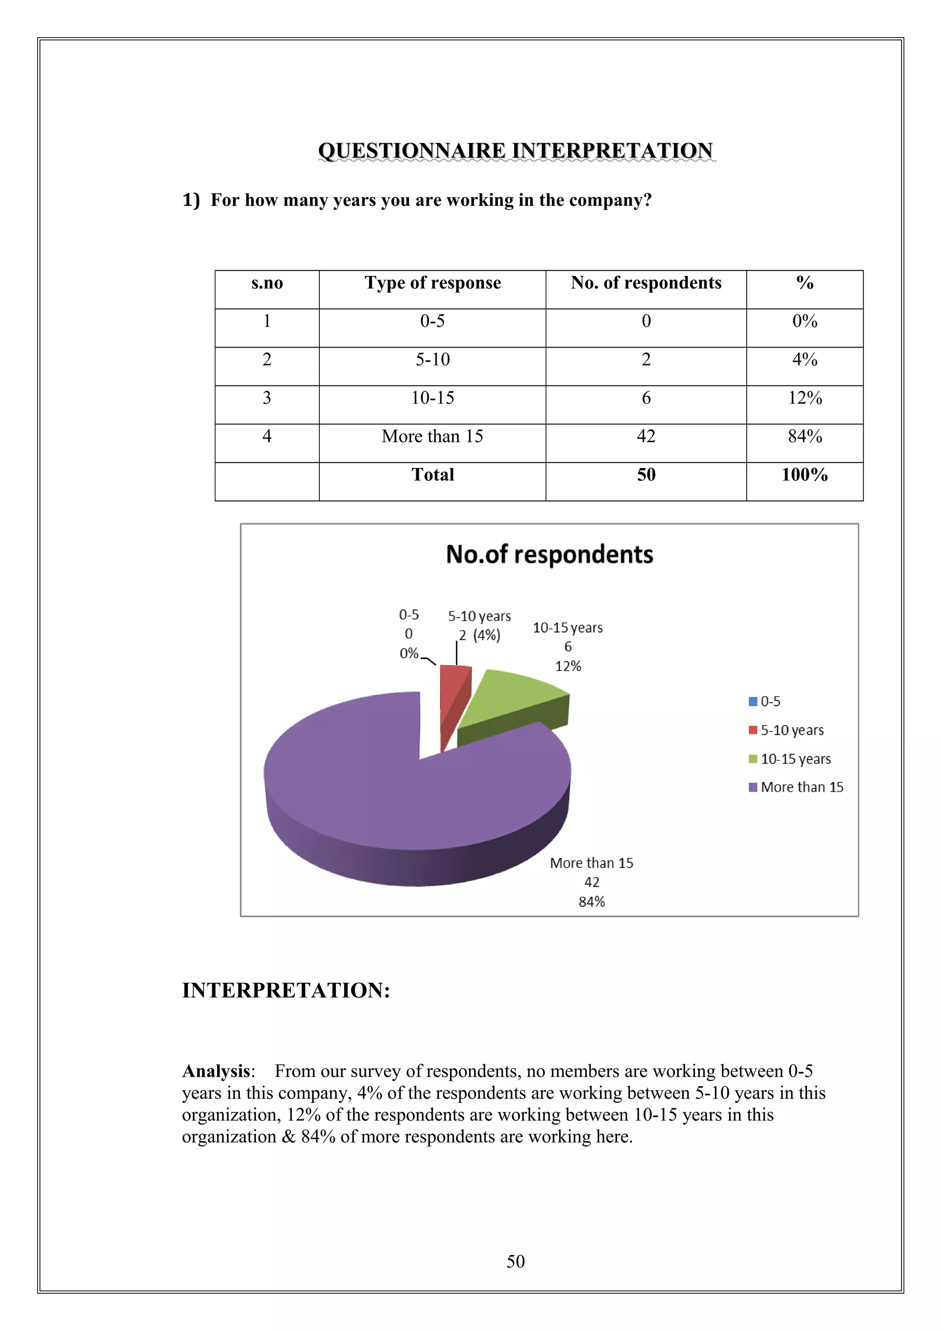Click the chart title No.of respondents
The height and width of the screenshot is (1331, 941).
(549, 555)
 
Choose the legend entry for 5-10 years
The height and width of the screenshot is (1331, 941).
(791, 730)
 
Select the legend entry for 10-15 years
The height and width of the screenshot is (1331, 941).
(795, 759)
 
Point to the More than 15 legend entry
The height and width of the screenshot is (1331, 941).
(801, 787)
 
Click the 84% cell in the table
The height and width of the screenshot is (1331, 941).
(804, 436)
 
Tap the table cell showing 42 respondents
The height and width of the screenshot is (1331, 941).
(646, 436)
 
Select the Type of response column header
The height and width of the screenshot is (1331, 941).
(432, 283)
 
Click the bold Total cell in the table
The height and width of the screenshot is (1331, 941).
(432, 475)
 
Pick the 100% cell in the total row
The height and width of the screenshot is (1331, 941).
(804, 475)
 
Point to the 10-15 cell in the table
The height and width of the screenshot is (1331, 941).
(432, 398)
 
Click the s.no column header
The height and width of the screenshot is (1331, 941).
(266, 283)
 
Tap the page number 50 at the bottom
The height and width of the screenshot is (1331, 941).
(516, 1262)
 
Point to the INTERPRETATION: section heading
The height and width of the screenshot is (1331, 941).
(286, 991)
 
